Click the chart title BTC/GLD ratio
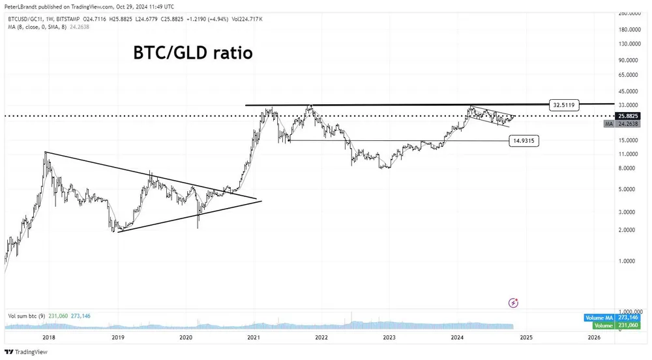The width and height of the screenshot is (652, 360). click(192, 53)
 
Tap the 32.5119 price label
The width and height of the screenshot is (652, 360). click(564, 104)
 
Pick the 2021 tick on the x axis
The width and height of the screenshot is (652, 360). click(254, 337)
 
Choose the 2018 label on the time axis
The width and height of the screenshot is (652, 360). click(48, 337)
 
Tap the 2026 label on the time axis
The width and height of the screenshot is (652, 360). click(594, 337)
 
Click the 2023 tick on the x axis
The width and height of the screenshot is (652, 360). click(389, 337)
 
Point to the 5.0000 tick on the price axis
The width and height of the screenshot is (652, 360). click(627, 190)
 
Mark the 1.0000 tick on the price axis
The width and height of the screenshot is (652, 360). click(627, 262)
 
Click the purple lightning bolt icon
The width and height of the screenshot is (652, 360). click(514, 303)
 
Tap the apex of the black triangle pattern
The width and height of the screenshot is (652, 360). click(259, 200)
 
